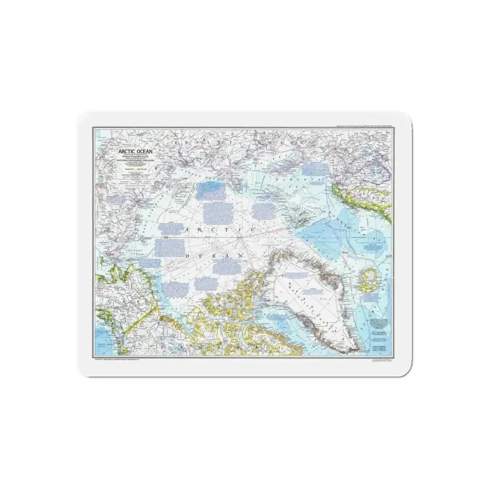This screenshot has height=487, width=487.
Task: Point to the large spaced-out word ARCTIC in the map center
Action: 219,230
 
